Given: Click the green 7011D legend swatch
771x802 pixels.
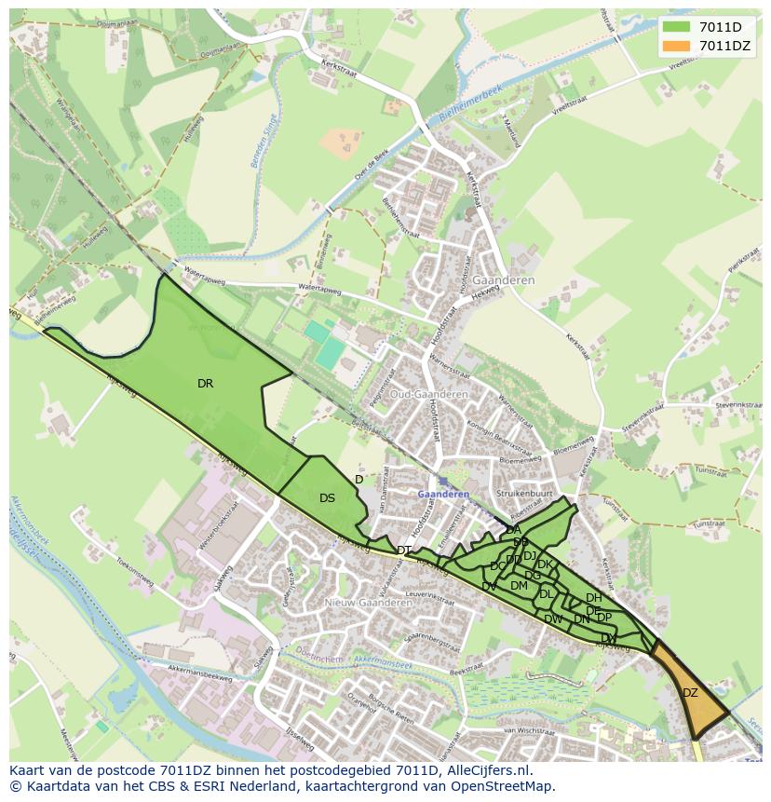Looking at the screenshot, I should (676, 28).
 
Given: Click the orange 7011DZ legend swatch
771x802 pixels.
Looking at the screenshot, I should (676, 47).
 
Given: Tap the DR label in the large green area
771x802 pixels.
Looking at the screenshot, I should (205, 383).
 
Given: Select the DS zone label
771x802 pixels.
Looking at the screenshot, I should (327, 498).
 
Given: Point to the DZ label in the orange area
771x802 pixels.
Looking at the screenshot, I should (690, 692).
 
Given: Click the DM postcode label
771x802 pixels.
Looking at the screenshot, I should (519, 585).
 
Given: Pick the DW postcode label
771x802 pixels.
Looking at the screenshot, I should (553, 619).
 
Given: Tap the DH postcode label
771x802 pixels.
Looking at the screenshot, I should (593, 597).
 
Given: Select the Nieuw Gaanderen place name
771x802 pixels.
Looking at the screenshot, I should (368, 603).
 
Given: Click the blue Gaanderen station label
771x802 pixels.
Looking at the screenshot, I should (443, 495).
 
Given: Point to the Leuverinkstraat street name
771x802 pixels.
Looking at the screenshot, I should (427, 593).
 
